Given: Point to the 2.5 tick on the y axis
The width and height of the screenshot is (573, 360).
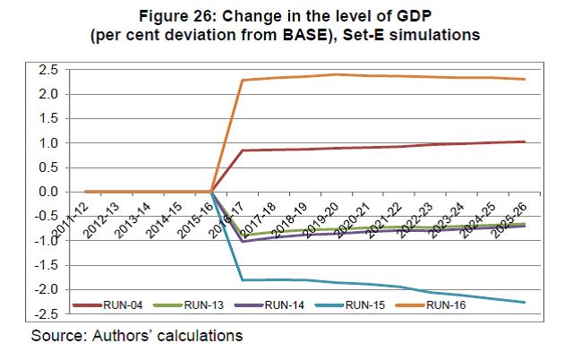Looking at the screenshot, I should point(49,70).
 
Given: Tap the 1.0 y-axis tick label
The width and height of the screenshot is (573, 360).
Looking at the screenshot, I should point(49,143).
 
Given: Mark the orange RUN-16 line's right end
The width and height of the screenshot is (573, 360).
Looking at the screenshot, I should point(525,79).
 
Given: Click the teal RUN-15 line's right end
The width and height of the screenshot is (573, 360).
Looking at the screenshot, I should point(525,302).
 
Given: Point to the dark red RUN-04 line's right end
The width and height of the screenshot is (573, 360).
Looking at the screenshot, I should point(525,141).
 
